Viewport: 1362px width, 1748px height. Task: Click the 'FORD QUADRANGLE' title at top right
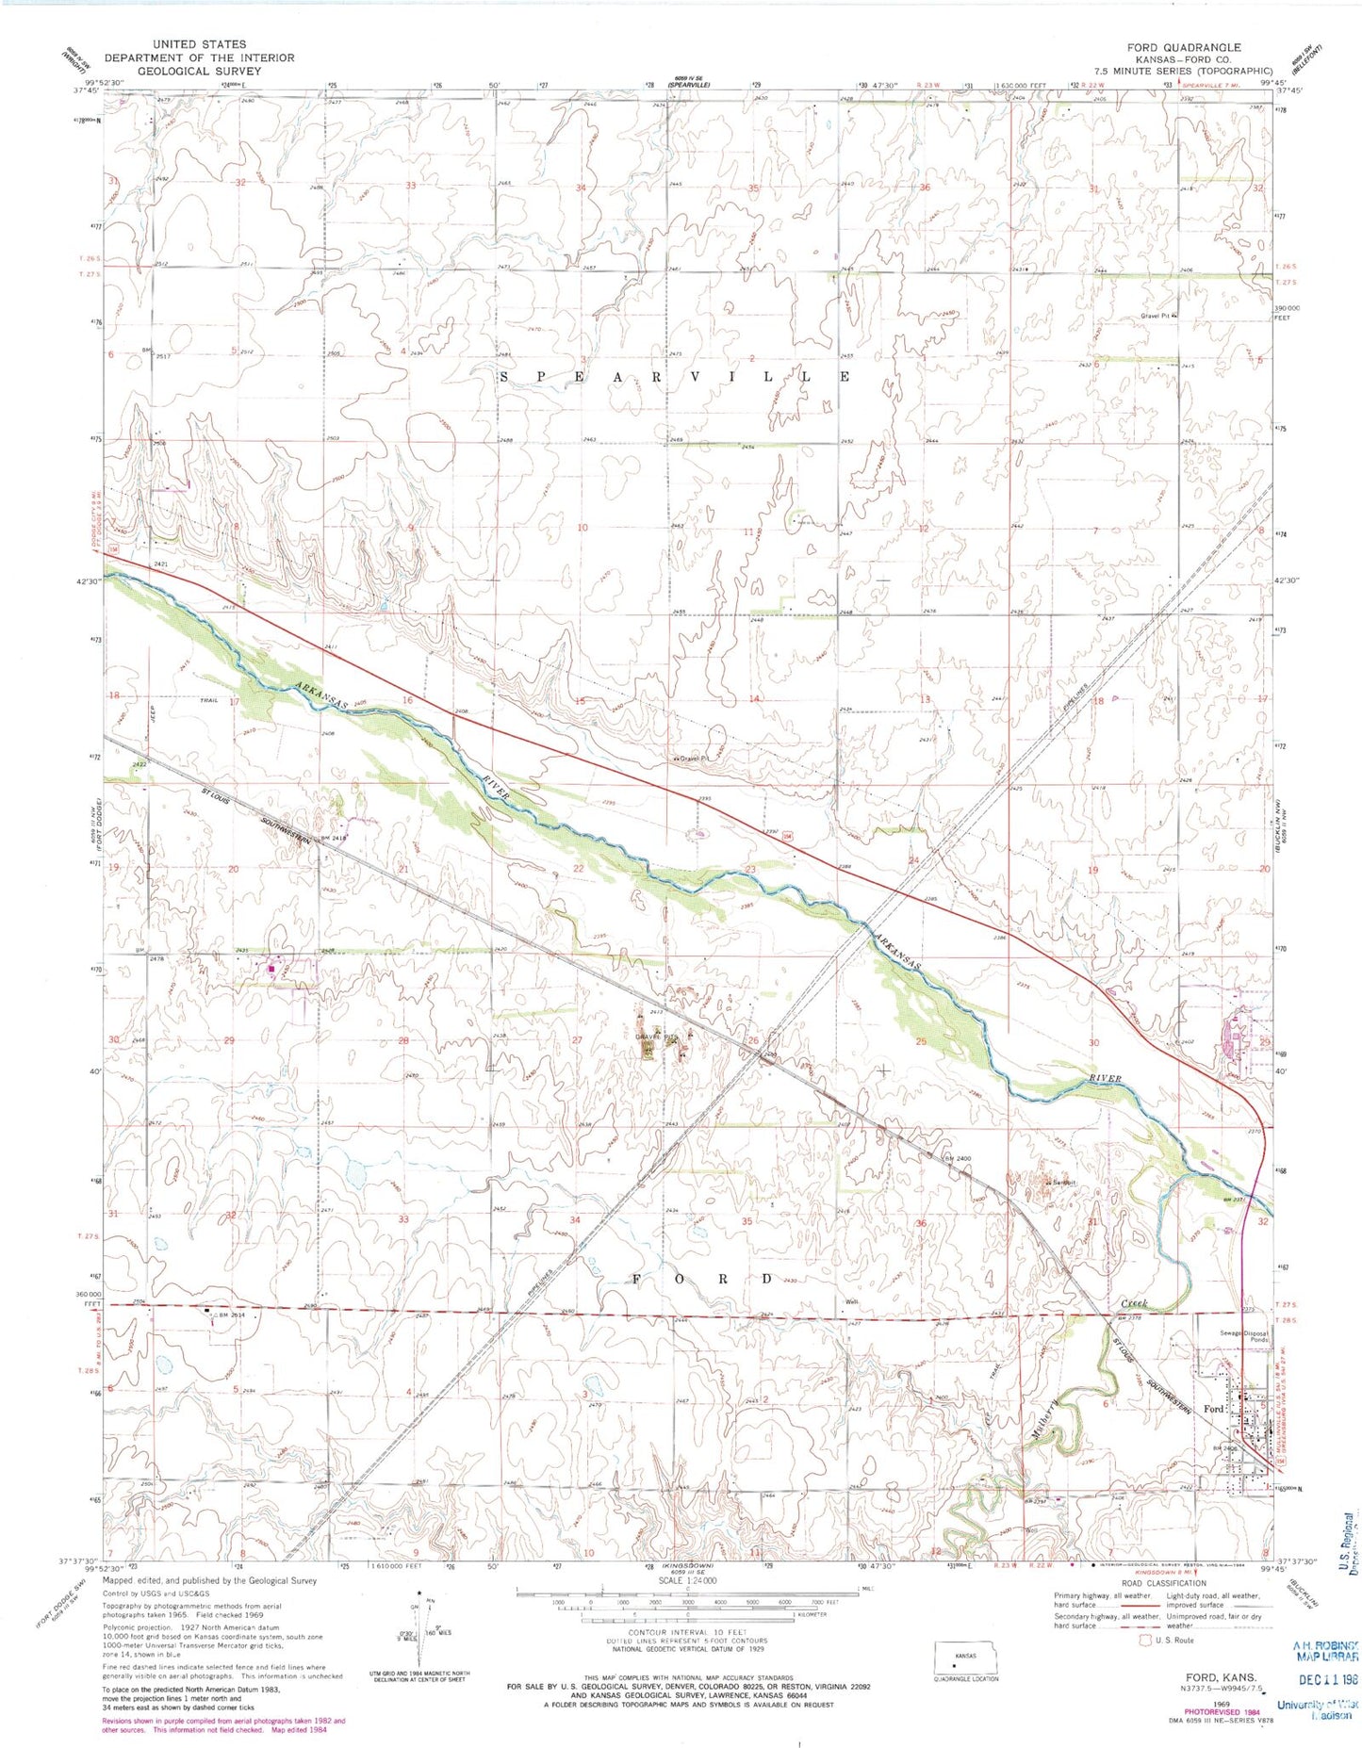click(1183, 47)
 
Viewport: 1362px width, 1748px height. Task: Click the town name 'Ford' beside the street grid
click(1214, 1409)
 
